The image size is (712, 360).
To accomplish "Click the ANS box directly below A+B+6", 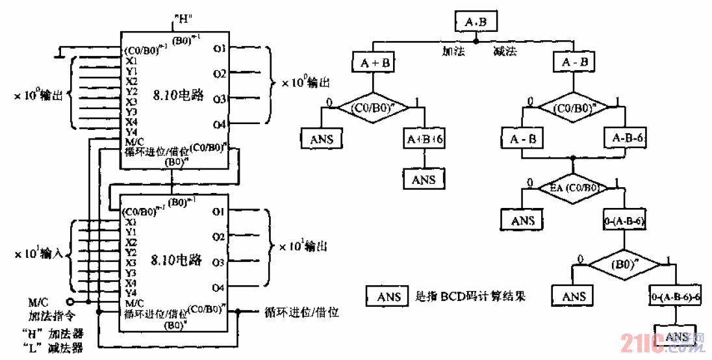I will point(424,179).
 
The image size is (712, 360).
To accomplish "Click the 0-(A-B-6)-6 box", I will point(676,296).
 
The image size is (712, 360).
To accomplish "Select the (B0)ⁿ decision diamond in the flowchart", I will point(624,265).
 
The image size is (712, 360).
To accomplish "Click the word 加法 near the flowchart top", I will point(453,51).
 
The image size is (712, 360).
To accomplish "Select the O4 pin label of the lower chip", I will point(218,287).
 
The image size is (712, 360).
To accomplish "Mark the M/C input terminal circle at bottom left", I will point(71,302).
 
